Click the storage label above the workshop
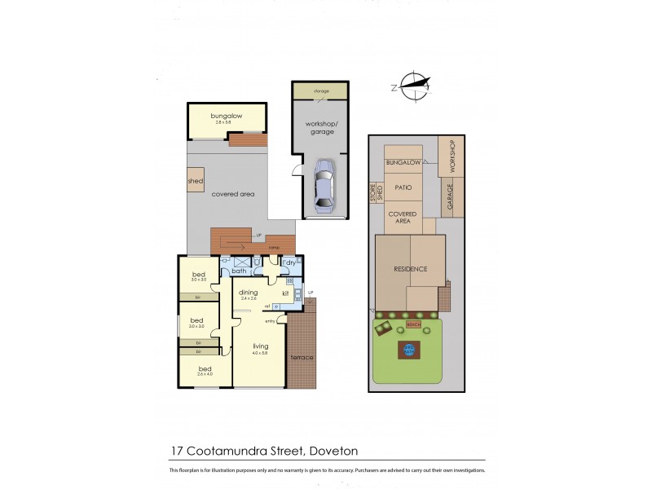point(321,91)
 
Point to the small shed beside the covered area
point(196,181)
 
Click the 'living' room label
point(260,345)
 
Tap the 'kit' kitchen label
point(286,293)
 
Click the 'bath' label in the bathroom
point(239,271)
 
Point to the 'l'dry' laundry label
point(289,262)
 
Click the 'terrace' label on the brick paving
point(302,358)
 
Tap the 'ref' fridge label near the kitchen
point(267,306)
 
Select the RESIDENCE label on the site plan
point(411,268)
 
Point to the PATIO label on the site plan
point(403,187)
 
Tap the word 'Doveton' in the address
point(333,450)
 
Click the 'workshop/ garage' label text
point(321,126)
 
